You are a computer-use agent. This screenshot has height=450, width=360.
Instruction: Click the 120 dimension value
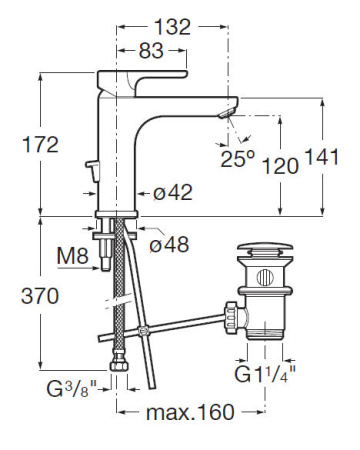click(281, 167)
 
